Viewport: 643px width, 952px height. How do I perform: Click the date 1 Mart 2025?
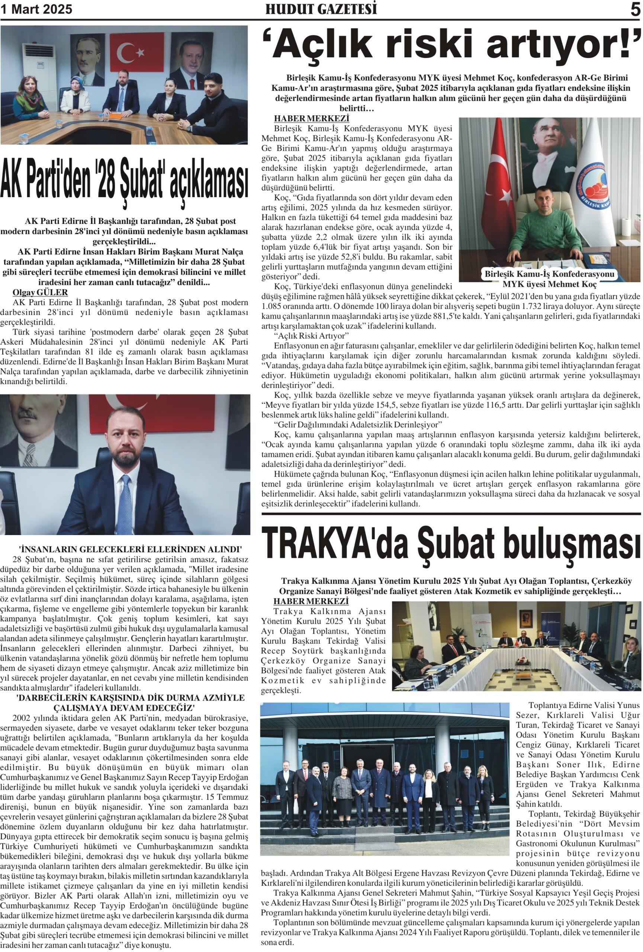click(x=36, y=9)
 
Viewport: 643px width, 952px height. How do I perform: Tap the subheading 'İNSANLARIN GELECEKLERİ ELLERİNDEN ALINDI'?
click(x=130, y=549)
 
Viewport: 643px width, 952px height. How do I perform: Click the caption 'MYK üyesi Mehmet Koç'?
click(x=549, y=284)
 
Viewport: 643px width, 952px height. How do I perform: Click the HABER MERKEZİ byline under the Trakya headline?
click(x=311, y=601)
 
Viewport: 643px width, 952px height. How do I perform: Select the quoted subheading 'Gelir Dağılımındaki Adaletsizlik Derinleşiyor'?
click(x=357, y=424)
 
